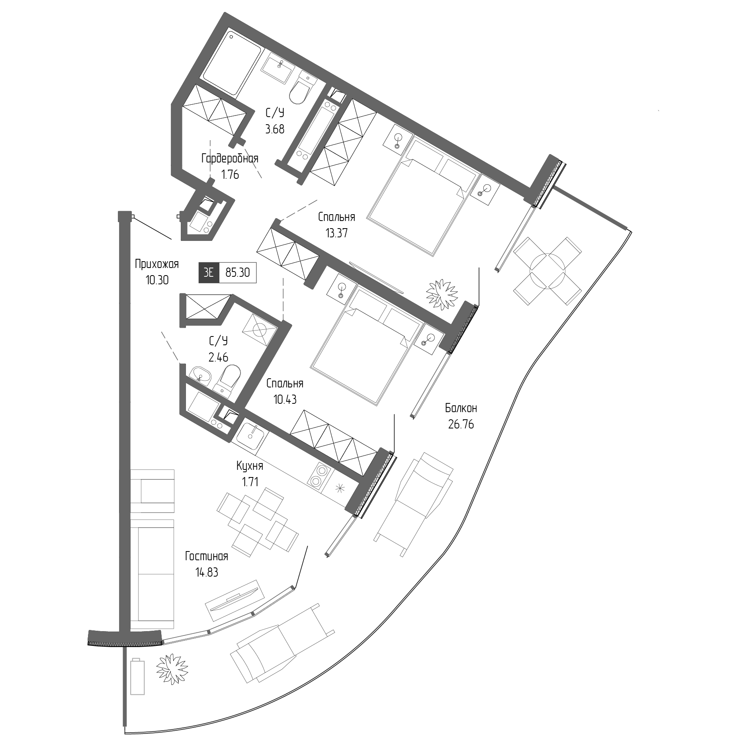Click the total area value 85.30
click(238, 273)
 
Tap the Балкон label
click(461, 408)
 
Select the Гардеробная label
click(230, 158)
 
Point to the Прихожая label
click(156, 264)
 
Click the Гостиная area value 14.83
click(207, 573)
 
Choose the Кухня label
click(250, 465)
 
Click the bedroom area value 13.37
click(336, 233)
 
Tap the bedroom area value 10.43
click(285, 399)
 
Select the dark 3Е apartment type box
click(209, 273)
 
